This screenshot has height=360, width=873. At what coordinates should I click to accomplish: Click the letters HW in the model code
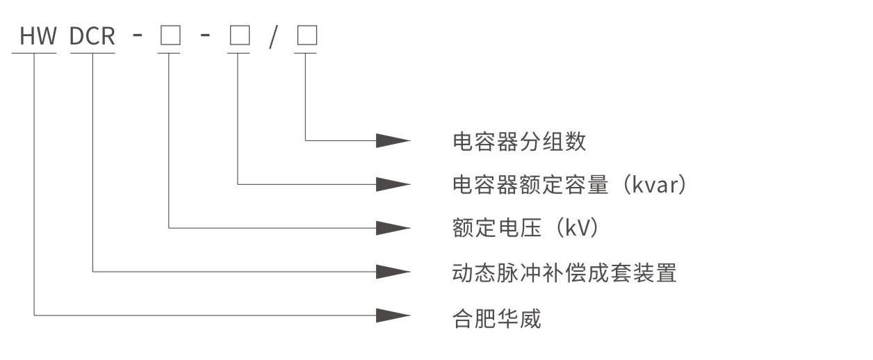pyautogui.click(x=38, y=37)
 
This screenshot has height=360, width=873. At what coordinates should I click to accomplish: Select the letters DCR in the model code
pyautogui.click(x=92, y=37)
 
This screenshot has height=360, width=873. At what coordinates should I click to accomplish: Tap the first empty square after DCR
pyautogui.click(x=170, y=37)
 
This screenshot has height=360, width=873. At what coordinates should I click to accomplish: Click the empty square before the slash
pyautogui.click(x=238, y=37)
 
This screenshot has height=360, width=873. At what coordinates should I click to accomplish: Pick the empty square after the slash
pyautogui.click(x=306, y=37)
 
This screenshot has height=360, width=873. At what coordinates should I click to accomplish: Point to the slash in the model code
pyautogui.click(x=273, y=37)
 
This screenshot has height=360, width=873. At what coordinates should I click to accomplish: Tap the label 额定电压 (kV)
pyautogui.click(x=525, y=228)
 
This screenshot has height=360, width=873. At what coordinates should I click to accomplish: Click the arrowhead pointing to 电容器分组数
pyautogui.click(x=393, y=140)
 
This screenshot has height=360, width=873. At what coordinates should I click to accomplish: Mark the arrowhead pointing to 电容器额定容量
pyautogui.click(x=393, y=184)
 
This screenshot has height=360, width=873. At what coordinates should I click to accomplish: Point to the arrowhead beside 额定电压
pyautogui.click(x=393, y=228)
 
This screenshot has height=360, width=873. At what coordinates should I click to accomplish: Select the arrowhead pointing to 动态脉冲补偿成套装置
pyautogui.click(x=393, y=272)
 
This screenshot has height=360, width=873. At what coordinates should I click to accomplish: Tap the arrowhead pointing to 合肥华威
pyautogui.click(x=393, y=316)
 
